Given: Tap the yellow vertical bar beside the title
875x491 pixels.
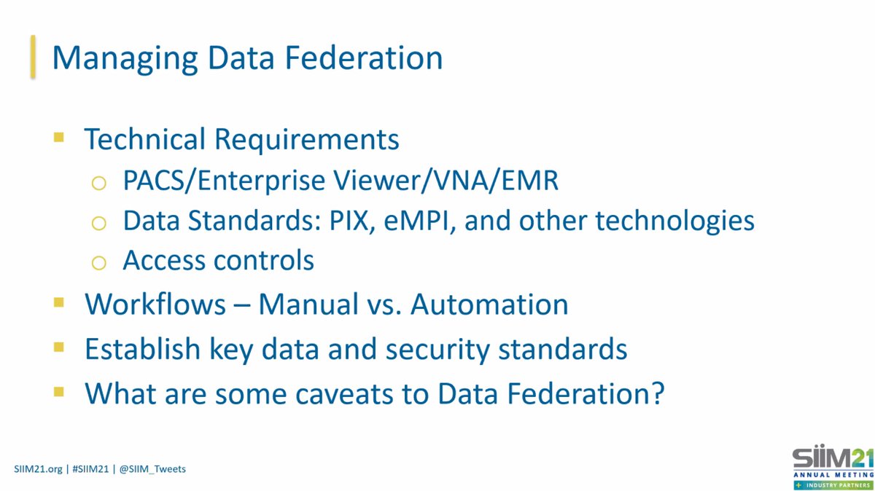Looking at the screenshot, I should click(32, 57).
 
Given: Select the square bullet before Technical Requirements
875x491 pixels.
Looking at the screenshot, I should click(59, 137).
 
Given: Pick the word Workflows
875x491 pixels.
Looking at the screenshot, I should click(155, 305).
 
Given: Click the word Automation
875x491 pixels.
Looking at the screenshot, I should click(489, 305).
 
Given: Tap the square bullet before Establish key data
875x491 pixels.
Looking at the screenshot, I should click(59, 347).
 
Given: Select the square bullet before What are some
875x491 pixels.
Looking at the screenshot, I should click(59, 392).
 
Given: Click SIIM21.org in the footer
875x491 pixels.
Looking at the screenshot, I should click(38, 468).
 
